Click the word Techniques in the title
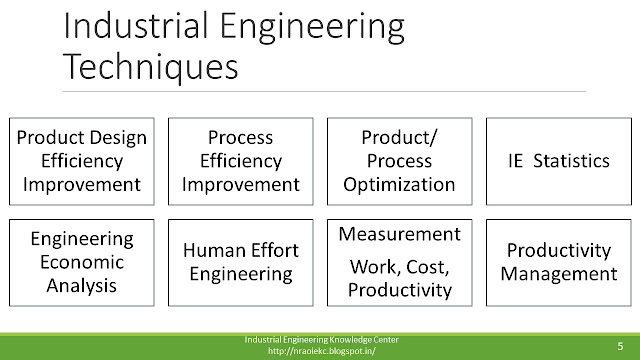[151, 67]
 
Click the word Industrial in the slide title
[136, 26]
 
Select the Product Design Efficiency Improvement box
[82, 161]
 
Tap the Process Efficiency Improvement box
[241, 161]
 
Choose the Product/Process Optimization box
[400, 161]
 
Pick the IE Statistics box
[559, 161]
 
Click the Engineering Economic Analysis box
[82, 262]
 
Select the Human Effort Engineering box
[241, 262]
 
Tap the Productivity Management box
[559, 262]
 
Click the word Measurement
[400, 234]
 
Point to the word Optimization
[399, 185]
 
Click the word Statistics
[571, 161]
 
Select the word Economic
[82, 262]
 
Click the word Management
[559, 274]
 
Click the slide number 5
[620, 346]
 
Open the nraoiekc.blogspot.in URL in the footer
[322, 351]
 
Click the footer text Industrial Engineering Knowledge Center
[322, 340]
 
